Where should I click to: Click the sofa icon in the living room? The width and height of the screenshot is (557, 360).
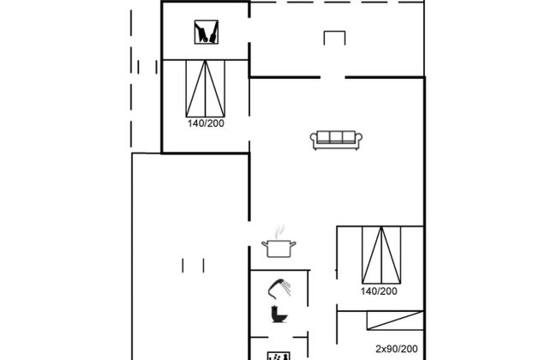336,140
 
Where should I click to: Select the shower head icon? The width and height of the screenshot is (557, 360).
279,288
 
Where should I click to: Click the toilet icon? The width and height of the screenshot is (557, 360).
278,314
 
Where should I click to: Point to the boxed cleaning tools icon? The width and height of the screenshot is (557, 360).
207,32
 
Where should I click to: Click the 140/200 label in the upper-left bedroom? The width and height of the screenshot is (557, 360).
206,123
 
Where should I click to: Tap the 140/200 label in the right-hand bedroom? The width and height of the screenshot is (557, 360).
379,291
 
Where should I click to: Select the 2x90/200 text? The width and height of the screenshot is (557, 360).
397,349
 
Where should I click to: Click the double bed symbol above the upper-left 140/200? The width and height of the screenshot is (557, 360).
206,88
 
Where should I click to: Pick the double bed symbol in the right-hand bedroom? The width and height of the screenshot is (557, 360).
381,255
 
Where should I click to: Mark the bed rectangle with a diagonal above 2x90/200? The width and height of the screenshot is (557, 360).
395,321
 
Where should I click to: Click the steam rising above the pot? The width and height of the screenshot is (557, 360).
280,231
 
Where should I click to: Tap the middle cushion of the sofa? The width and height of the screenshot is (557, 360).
336,137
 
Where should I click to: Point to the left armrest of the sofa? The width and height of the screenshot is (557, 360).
314,139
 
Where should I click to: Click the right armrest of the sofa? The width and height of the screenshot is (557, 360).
358,139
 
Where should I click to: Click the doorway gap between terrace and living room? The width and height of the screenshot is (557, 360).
332,77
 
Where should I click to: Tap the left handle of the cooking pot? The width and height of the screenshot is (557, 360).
264,243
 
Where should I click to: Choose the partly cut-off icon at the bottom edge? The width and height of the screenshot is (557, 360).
278,356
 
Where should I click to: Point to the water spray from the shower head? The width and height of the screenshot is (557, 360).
286,287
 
